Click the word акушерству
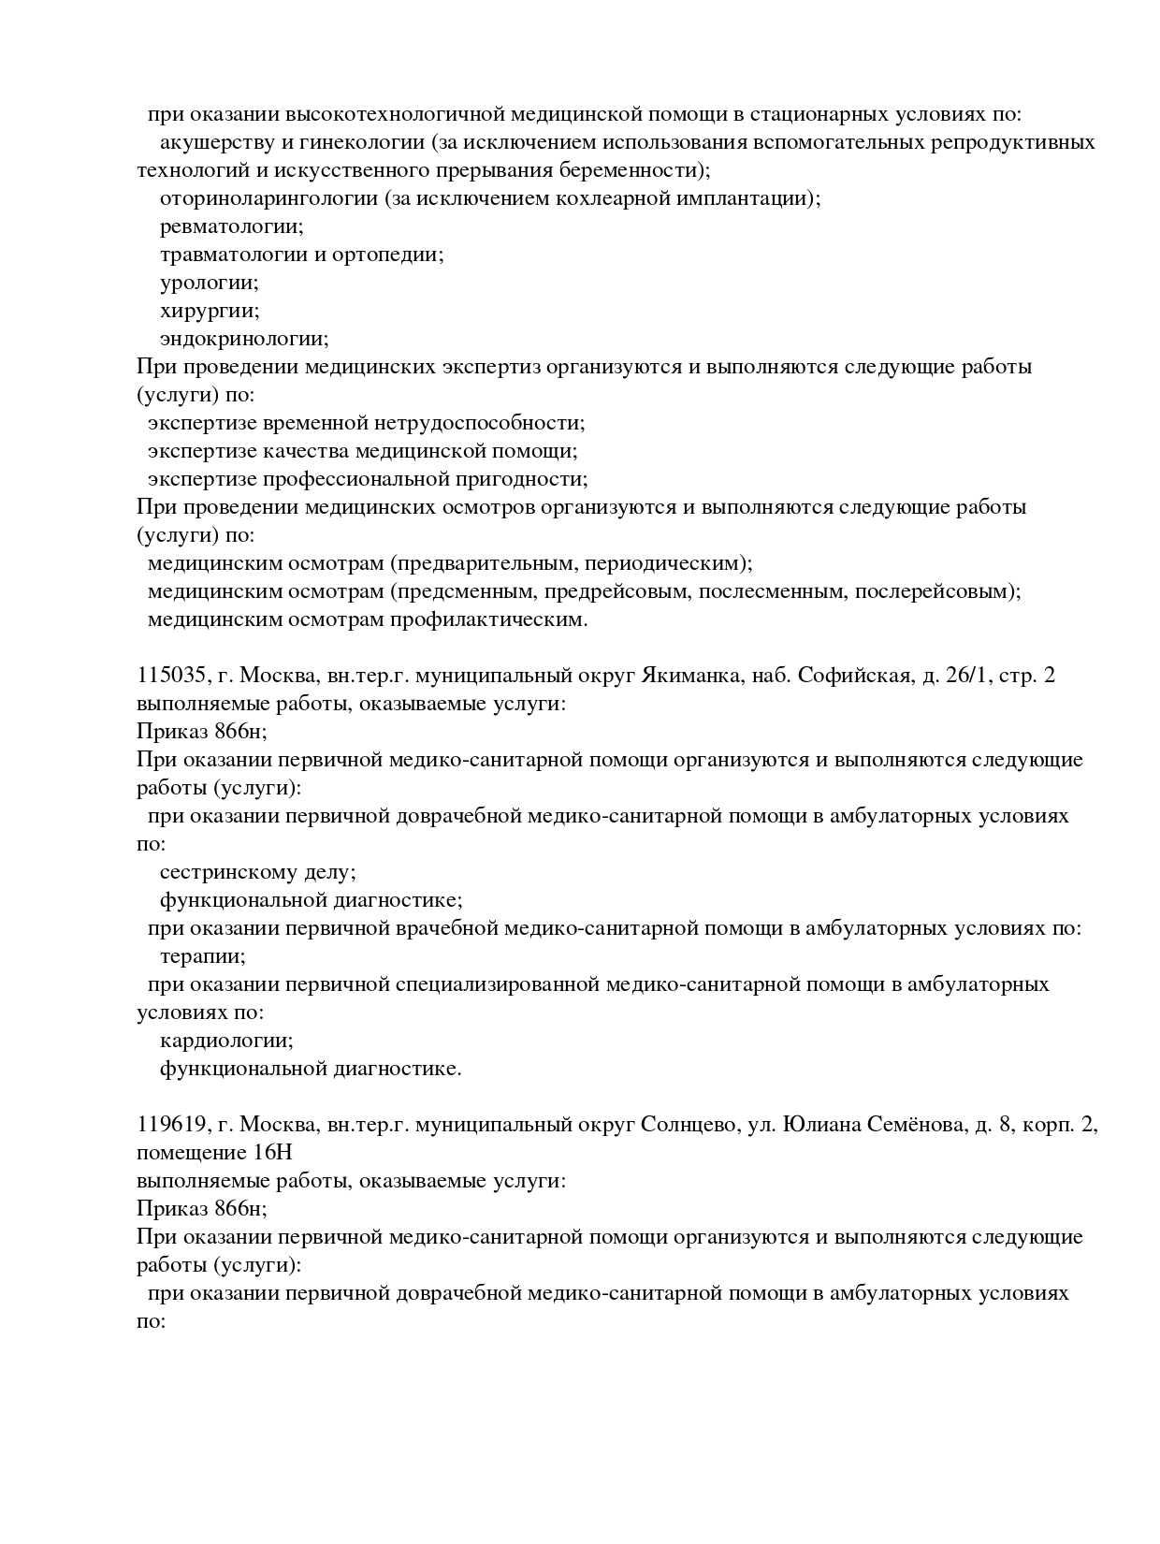[x=216, y=143]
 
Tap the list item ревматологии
[x=231, y=227]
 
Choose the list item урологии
[x=209, y=284]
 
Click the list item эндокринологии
[x=243, y=340]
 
